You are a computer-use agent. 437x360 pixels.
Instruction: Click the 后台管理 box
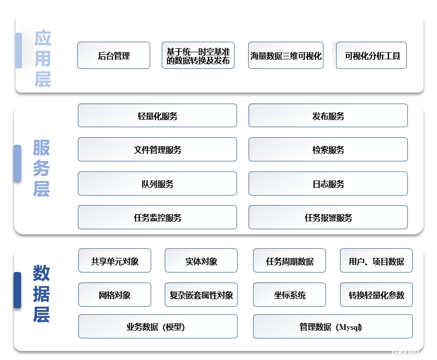114,55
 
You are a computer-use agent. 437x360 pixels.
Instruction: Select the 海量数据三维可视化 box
286,55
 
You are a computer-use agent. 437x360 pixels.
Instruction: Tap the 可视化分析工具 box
371,55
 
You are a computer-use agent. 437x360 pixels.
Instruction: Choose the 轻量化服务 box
157,116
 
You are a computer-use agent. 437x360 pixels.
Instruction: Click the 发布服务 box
328,116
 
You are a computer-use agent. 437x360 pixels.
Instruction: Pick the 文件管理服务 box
157,149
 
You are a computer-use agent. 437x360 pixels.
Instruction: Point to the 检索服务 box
328,149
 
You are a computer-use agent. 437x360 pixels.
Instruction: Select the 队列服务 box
157,184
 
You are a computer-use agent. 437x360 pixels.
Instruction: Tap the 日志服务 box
328,184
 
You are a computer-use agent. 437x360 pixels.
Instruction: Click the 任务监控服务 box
157,217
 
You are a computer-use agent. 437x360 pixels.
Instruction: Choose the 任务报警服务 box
328,217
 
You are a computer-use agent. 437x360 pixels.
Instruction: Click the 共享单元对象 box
115,260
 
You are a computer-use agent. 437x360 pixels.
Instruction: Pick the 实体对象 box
201,260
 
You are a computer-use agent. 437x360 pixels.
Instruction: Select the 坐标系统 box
289,295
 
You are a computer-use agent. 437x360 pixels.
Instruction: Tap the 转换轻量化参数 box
376,295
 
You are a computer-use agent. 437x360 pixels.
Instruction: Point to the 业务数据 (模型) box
158,326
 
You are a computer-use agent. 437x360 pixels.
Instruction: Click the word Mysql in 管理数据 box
349,327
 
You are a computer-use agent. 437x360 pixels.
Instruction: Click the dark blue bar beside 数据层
17,290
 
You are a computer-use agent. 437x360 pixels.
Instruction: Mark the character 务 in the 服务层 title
41,168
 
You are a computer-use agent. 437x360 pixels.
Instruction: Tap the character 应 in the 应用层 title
43,38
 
